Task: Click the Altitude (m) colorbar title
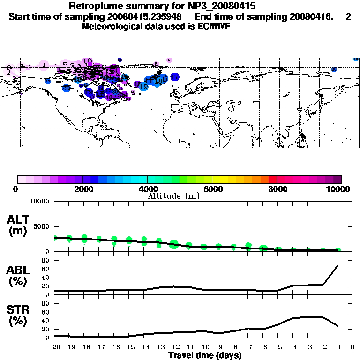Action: tap(173, 195)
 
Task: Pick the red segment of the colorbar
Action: tap(272, 179)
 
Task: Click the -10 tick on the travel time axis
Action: tap(203, 347)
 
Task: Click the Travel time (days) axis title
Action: tap(204, 356)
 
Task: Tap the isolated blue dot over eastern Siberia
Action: tap(334, 69)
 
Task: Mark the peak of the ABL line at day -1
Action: tap(338, 265)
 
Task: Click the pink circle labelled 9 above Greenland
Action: tap(169, 60)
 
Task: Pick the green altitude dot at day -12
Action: tap(174, 244)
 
